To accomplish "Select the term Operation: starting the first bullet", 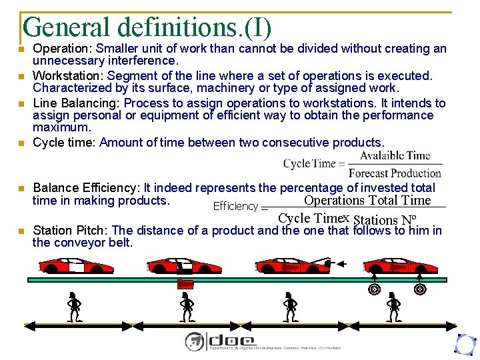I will pos(63,49).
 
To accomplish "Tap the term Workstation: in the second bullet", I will pos(69,76).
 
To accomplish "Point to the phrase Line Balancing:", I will pos(77,103).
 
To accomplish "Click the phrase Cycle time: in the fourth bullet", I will pos(65,143).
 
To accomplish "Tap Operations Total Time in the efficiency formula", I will pos(367,201).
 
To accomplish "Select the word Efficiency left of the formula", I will pos(235,207).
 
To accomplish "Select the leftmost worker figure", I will pos(75,307).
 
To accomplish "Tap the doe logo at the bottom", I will pos(220,341).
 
